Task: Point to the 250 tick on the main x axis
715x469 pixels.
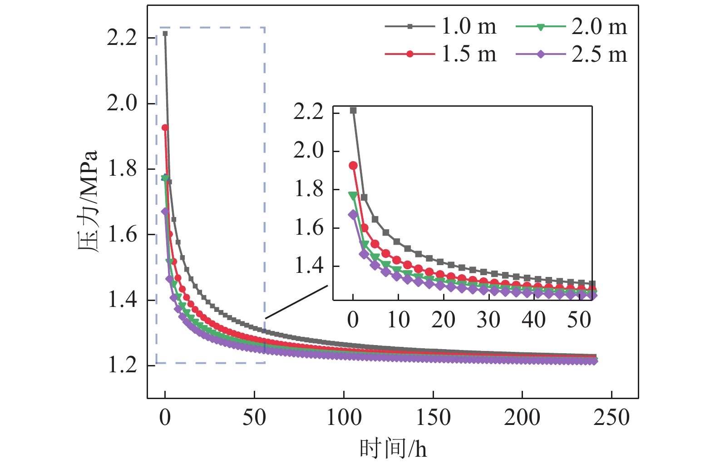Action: coord(611,417)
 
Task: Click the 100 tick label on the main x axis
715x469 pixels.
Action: coord(344,417)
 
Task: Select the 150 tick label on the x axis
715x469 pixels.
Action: coord(433,417)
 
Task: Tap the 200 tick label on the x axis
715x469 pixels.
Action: coord(522,417)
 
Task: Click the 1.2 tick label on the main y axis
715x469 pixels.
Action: coord(122,365)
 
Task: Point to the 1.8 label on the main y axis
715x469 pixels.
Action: coord(122,169)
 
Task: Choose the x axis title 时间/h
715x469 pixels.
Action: coord(393,449)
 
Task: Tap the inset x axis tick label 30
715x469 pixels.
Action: coord(488,320)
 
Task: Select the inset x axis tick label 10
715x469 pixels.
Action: coord(398,320)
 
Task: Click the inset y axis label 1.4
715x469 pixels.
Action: coord(309,266)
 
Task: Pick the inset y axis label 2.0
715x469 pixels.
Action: coord(309,151)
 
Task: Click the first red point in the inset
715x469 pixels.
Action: coord(353,166)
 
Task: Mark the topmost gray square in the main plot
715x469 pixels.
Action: coord(165,34)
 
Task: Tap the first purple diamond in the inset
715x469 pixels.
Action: coord(353,215)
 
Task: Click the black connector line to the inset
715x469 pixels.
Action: coord(296,302)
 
